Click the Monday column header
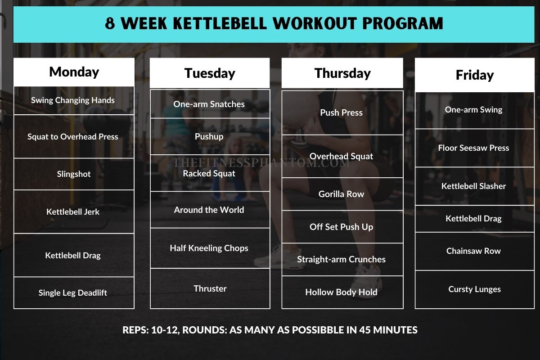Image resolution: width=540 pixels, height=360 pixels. click(74, 72)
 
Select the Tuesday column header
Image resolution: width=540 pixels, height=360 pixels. click(210, 73)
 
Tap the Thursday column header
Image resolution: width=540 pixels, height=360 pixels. click(342, 73)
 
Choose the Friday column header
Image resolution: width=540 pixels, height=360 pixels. click(475, 75)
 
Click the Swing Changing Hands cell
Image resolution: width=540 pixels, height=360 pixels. click(73, 100)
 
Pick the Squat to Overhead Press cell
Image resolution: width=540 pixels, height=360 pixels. click(73, 137)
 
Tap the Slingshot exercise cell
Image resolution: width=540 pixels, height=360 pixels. click(74, 174)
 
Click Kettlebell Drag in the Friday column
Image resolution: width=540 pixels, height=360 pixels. click(473, 219)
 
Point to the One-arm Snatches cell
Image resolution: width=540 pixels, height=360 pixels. click(209, 104)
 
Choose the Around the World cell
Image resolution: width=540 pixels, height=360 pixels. click(209, 210)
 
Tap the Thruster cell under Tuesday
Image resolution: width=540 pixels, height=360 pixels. click(210, 288)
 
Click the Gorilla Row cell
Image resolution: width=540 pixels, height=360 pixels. click(342, 194)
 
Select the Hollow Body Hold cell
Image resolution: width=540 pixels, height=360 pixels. click(342, 292)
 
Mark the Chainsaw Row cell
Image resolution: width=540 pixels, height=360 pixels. click(473, 251)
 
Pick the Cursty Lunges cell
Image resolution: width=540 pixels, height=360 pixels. click(474, 289)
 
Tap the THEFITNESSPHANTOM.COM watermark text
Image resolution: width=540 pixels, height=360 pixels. click(261, 163)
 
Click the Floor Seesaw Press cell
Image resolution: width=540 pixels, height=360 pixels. click(473, 148)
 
